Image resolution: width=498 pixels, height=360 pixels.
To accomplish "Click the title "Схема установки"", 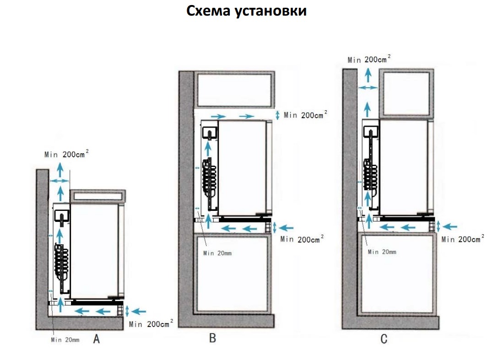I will tap(246, 11).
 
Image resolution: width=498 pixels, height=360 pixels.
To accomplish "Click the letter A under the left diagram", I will tap(97, 339).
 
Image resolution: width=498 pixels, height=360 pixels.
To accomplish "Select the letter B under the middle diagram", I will tap(212, 338).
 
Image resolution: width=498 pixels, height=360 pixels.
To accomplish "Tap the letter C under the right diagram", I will tap(384, 339).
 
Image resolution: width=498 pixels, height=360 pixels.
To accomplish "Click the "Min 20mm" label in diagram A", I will tap(65, 339).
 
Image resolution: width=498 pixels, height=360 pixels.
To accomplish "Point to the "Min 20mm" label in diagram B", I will tap(218, 253).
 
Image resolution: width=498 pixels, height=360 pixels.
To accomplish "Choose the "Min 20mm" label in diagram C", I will tap(382, 252).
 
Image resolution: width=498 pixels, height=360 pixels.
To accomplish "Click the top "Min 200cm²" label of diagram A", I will tap(66, 154).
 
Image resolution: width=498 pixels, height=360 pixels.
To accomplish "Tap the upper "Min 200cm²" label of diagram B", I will tap(305, 115).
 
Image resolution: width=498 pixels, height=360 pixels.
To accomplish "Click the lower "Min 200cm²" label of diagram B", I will tap(302, 239).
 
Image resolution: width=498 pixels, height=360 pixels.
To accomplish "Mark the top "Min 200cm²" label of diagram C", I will tap(369, 59).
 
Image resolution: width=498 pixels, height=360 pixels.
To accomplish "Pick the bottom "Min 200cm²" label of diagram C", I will tap(463, 239).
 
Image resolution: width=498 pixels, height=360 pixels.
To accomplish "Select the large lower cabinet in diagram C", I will tap(396, 273).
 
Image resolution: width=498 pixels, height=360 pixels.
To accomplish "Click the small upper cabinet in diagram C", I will tap(406, 93).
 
